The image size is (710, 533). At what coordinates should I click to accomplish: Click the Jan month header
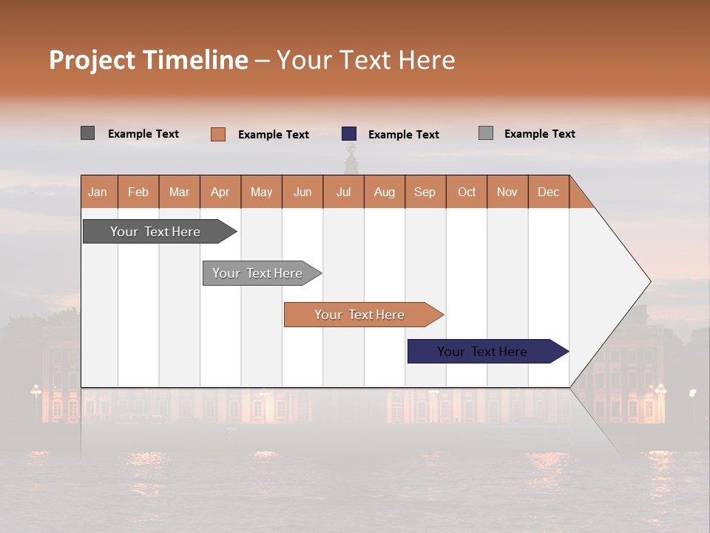click(x=98, y=192)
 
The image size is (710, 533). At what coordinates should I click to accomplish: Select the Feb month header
click(x=138, y=192)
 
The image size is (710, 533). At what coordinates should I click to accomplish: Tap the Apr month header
click(x=220, y=192)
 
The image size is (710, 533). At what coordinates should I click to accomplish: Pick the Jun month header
click(x=302, y=192)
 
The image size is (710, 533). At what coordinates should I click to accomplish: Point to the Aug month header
click(x=384, y=192)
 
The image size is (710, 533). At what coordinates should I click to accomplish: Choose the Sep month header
click(x=425, y=192)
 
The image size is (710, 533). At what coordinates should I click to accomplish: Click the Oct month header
click(x=467, y=192)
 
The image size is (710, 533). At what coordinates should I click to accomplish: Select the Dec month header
click(x=548, y=192)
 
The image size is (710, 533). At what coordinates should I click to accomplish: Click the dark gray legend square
click(x=88, y=133)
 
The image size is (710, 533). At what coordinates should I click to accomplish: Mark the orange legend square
click(x=218, y=134)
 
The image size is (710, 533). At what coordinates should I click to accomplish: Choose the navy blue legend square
click(x=349, y=134)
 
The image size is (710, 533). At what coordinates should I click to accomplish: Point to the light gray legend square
click(x=486, y=133)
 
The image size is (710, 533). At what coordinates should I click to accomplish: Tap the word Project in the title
click(x=92, y=60)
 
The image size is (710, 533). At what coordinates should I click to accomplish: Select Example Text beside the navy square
click(x=403, y=135)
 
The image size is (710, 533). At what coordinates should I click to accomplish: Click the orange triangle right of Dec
click(x=579, y=198)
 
